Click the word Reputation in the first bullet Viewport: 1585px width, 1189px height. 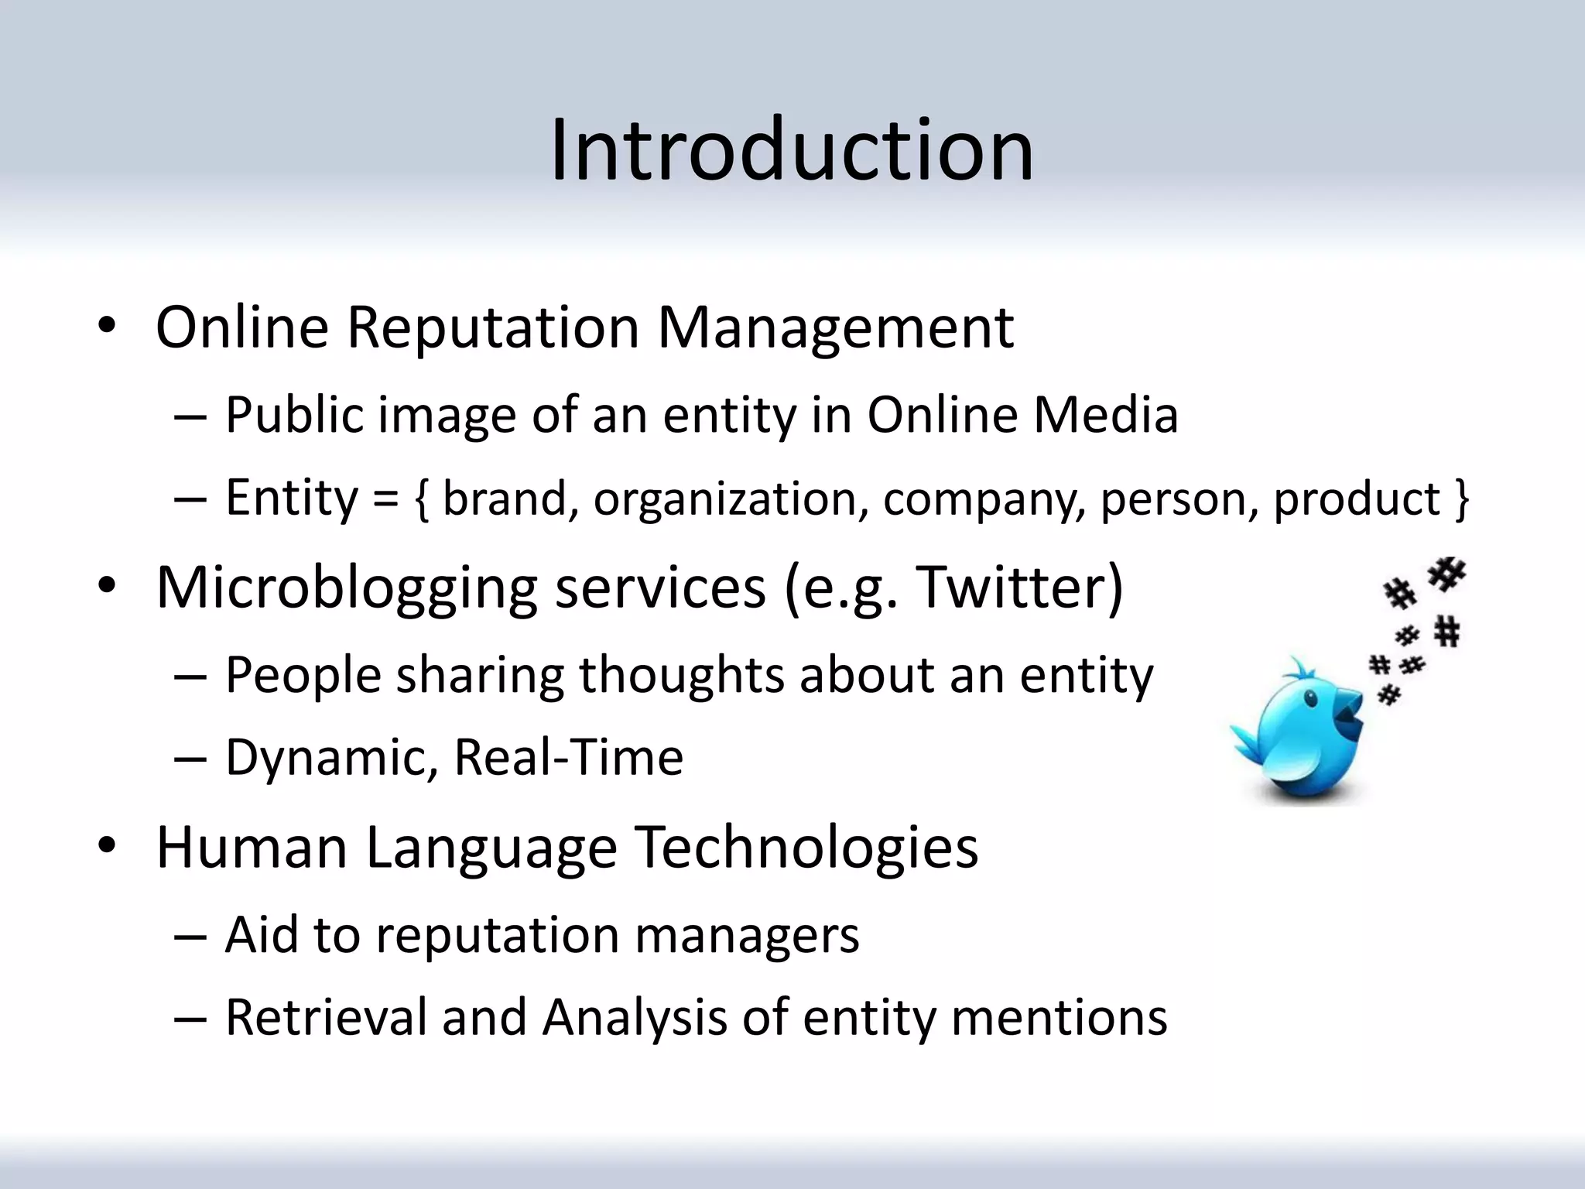(493, 327)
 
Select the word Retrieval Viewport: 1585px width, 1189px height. (326, 1016)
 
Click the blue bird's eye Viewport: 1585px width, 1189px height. (1310, 699)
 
